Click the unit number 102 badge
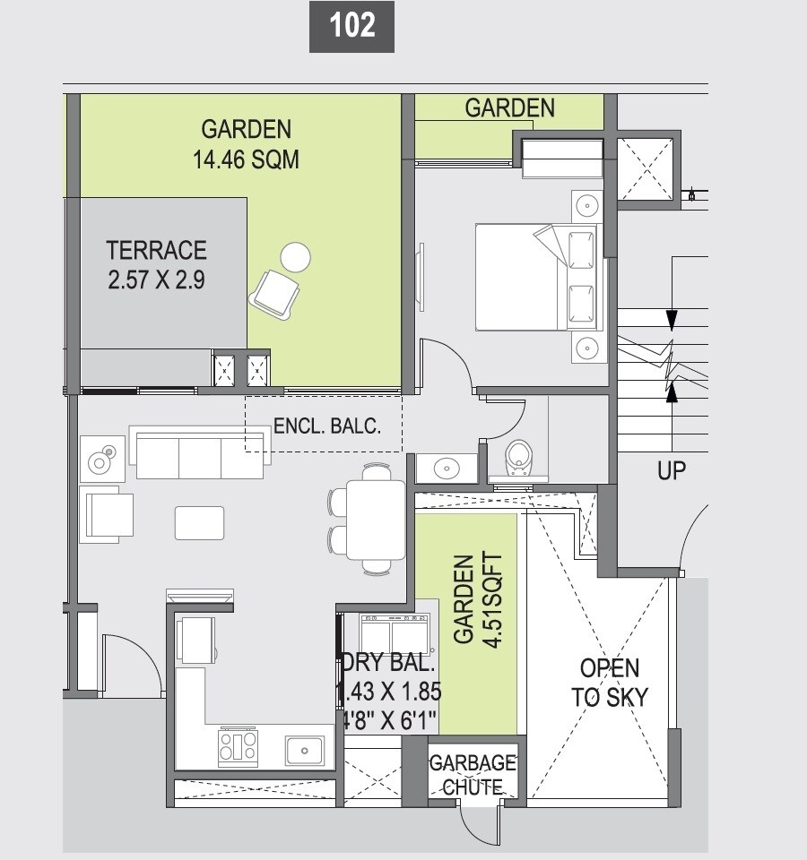(x=351, y=26)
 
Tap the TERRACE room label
(x=156, y=250)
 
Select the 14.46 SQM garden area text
(x=246, y=160)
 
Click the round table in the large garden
(x=295, y=258)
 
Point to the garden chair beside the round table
(x=274, y=293)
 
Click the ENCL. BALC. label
(x=326, y=426)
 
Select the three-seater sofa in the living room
(x=201, y=455)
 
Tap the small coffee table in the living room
(x=199, y=523)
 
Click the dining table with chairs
(x=375, y=519)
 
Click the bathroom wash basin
(x=446, y=468)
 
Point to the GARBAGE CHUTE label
(x=473, y=775)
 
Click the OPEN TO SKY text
(x=610, y=683)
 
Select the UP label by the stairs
(x=671, y=470)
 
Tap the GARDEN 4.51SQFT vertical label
(x=476, y=598)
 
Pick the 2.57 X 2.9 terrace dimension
(x=156, y=279)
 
